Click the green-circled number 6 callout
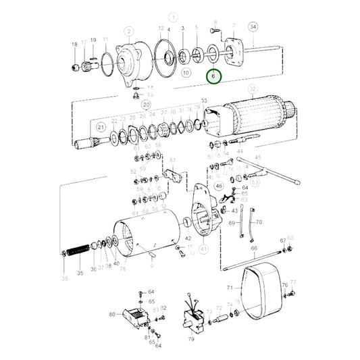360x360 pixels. click(x=213, y=78)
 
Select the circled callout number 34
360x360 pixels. click(x=253, y=27)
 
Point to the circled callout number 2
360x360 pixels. click(x=127, y=30)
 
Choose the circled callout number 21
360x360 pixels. click(x=101, y=126)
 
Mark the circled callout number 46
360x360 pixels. click(x=219, y=186)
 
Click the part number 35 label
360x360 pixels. click(x=80, y=274)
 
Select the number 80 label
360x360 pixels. click(x=112, y=314)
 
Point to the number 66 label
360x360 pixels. click(x=255, y=249)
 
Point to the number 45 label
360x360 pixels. click(x=257, y=158)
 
